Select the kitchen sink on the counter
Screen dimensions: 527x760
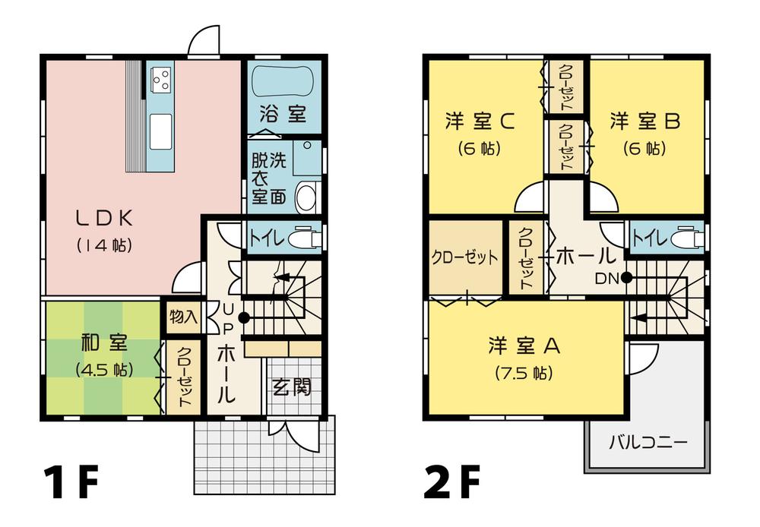coord(161,131)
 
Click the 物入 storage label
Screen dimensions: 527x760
coord(183,316)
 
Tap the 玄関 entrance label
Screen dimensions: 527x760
coord(293,388)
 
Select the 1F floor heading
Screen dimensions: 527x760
coord(70,484)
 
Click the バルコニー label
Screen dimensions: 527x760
coord(648,442)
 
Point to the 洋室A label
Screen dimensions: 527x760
coord(524,346)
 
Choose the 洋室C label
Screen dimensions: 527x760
coord(481,121)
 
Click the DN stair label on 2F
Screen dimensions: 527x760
coord(606,278)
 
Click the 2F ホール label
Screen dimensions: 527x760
coord(584,256)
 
